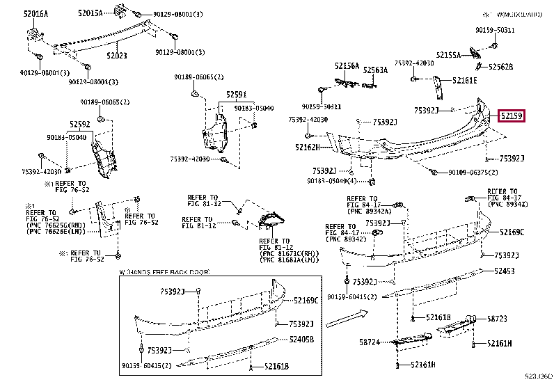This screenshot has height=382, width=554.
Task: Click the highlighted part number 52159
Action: click(x=511, y=116)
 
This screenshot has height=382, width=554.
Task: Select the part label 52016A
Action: click(x=35, y=13)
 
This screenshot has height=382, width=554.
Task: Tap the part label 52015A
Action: click(x=90, y=13)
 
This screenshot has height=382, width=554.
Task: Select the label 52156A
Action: click(x=347, y=66)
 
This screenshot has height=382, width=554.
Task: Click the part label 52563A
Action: click(x=376, y=70)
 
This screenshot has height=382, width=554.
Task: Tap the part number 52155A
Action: click(x=450, y=54)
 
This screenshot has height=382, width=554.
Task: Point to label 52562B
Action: click(x=500, y=67)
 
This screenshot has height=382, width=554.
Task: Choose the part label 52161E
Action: click(x=464, y=81)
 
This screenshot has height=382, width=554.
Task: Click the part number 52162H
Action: click(x=306, y=147)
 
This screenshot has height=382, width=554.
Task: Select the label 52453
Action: click(x=505, y=271)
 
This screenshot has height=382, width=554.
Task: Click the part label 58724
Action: click(x=370, y=342)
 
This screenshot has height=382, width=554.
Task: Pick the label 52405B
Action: click(x=302, y=339)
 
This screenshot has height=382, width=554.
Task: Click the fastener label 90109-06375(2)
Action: click(x=473, y=172)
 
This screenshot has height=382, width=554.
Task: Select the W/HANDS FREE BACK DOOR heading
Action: click(x=164, y=271)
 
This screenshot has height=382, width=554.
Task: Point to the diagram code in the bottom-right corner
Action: click(x=538, y=376)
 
